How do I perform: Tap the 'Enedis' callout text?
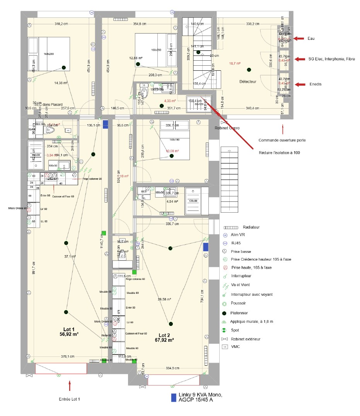tap(315, 84)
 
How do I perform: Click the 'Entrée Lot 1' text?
tap(70, 399)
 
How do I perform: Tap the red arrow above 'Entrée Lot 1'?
tap(70, 385)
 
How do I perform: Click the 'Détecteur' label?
tap(248, 82)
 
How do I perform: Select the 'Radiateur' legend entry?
tap(251, 227)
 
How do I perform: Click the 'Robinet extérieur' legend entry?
tap(245, 339)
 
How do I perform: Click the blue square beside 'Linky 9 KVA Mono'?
tap(174, 397)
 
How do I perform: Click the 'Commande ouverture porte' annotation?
tap(282, 140)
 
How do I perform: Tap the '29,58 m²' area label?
tap(165, 299)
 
